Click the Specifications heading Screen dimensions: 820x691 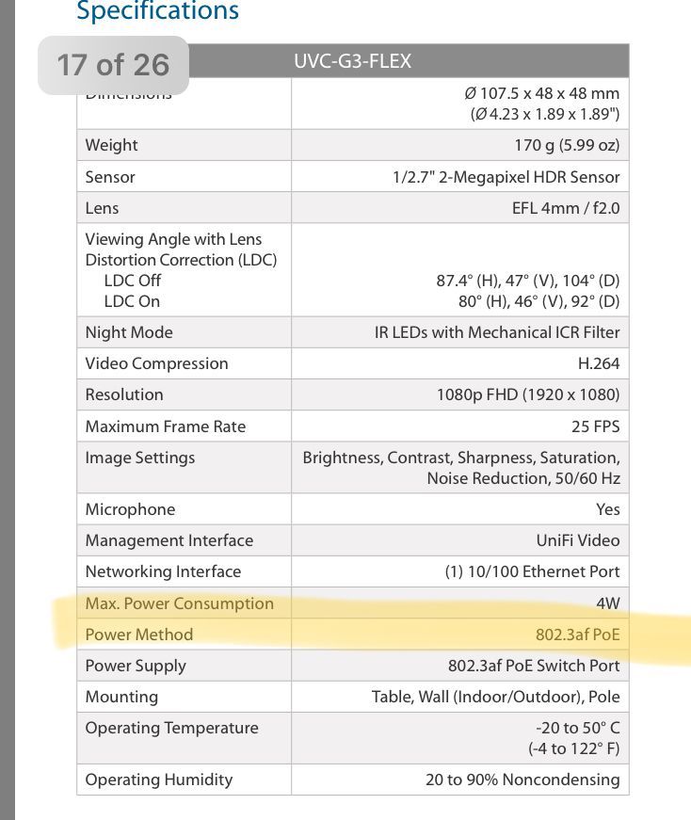[157, 11]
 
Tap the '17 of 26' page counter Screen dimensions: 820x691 [113, 65]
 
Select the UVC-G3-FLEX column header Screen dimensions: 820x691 [352, 62]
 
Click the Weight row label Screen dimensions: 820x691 [111, 145]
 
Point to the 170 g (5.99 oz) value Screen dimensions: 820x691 [562, 145]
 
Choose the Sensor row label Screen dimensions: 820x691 [110, 177]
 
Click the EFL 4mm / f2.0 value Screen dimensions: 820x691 [565, 208]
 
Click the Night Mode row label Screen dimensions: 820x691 [129, 332]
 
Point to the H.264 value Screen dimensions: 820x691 [599, 363]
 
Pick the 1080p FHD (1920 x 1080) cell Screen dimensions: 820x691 [528, 394]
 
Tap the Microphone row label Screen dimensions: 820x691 [130, 509]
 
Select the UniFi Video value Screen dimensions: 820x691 [578, 540]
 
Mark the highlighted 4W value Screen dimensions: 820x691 [608, 603]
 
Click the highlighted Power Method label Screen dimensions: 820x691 [138, 635]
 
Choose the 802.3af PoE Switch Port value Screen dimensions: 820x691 [534, 666]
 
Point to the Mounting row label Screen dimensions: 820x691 [121, 697]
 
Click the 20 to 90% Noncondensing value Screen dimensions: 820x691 [522, 780]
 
